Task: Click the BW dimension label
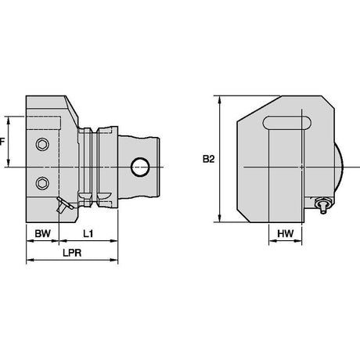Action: pyautogui.click(x=43, y=233)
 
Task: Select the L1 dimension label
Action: pyautogui.click(x=88, y=233)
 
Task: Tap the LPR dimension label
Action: pyautogui.click(x=72, y=253)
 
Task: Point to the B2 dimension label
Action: pyautogui.click(x=209, y=159)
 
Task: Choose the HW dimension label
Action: pyautogui.click(x=286, y=233)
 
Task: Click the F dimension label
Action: pyautogui.click(x=2, y=142)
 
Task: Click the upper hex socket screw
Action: pyautogui.click(x=42, y=144)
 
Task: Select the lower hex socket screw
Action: pyautogui.click(x=42, y=183)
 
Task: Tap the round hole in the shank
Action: pyautogui.click(x=140, y=167)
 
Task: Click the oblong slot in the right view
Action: pyautogui.click(x=287, y=123)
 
